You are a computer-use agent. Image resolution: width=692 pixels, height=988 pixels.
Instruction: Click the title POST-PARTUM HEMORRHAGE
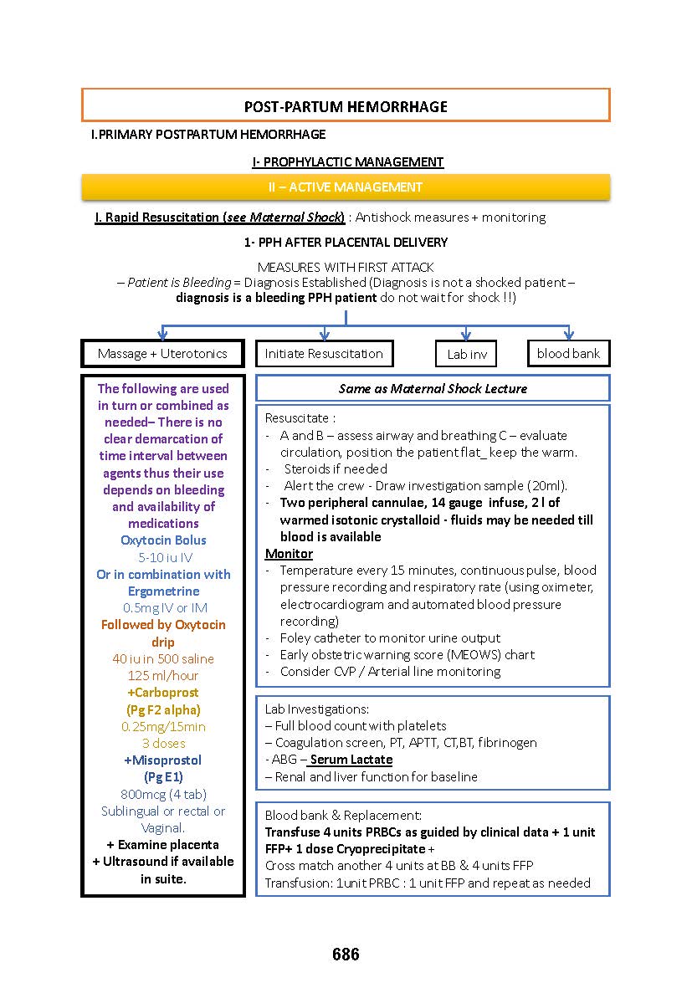click(346, 106)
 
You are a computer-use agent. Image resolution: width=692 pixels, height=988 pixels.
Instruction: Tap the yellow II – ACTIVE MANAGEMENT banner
click(346, 187)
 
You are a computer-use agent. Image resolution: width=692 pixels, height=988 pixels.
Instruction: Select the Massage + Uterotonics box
click(162, 354)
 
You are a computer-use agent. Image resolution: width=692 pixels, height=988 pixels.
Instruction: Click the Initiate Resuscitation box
click(324, 354)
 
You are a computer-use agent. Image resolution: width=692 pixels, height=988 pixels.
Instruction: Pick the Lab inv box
click(466, 355)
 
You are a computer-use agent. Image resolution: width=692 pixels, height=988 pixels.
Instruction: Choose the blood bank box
click(568, 354)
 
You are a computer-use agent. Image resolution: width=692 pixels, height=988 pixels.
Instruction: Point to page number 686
click(346, 955)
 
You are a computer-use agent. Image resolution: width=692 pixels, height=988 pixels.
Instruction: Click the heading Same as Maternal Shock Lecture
click(433, 388)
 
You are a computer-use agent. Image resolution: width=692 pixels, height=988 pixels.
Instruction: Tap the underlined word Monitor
click(289, 554)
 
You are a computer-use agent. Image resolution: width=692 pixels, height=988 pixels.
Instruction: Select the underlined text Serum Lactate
click(351, 760)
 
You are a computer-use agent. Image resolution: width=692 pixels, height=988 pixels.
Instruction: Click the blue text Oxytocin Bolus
click(163, 540)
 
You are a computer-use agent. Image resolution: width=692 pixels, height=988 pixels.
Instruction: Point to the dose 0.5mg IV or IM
click(163, 608)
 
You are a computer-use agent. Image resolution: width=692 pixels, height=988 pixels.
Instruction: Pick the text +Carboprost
click(163, 693)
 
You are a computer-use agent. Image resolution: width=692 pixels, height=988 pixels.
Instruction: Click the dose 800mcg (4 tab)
click(163, 794)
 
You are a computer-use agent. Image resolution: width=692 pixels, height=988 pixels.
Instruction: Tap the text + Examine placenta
click(163, 844)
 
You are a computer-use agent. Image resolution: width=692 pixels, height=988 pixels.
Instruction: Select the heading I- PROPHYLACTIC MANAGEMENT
click(347, 162)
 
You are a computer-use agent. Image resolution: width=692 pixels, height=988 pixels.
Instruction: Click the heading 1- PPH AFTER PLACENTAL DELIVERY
click(346, 243)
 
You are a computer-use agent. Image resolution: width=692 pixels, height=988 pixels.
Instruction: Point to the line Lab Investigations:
click(316, 709)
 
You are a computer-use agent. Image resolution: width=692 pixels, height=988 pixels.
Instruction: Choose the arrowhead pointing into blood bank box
click(568, 335)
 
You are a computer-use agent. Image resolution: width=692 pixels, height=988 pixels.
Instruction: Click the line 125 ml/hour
click(163, 676)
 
